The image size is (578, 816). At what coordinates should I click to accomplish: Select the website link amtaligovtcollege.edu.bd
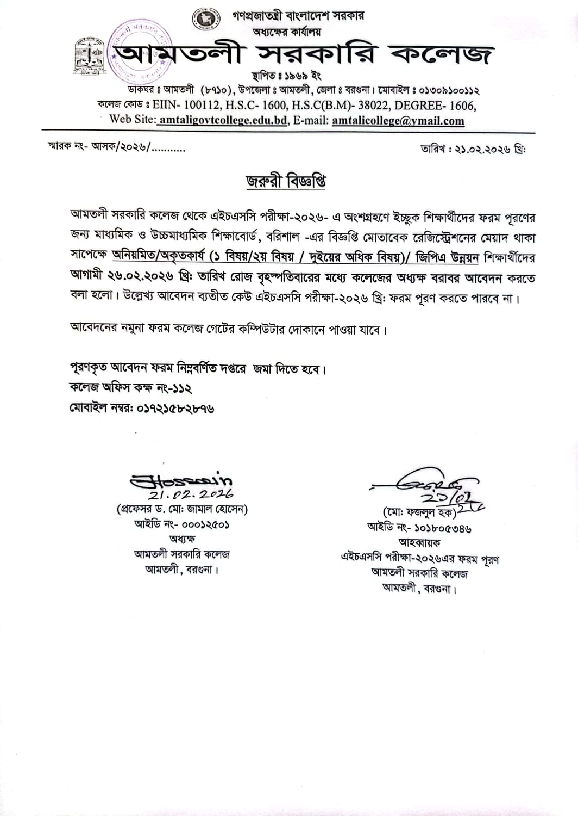point(223,121)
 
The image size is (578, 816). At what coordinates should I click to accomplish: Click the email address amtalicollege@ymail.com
point(398,121)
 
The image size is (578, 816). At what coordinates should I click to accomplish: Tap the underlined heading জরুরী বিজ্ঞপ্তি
point(286,181)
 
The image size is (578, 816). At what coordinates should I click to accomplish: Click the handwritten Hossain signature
point(182,480)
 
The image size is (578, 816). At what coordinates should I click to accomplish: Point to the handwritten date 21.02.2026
point(191,494)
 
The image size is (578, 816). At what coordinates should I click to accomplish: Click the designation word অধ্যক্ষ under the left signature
point(182,539)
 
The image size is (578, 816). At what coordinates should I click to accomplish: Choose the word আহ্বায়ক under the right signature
point(419,542)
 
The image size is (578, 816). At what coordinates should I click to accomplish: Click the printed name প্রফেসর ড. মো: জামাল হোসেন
point(182,509)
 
